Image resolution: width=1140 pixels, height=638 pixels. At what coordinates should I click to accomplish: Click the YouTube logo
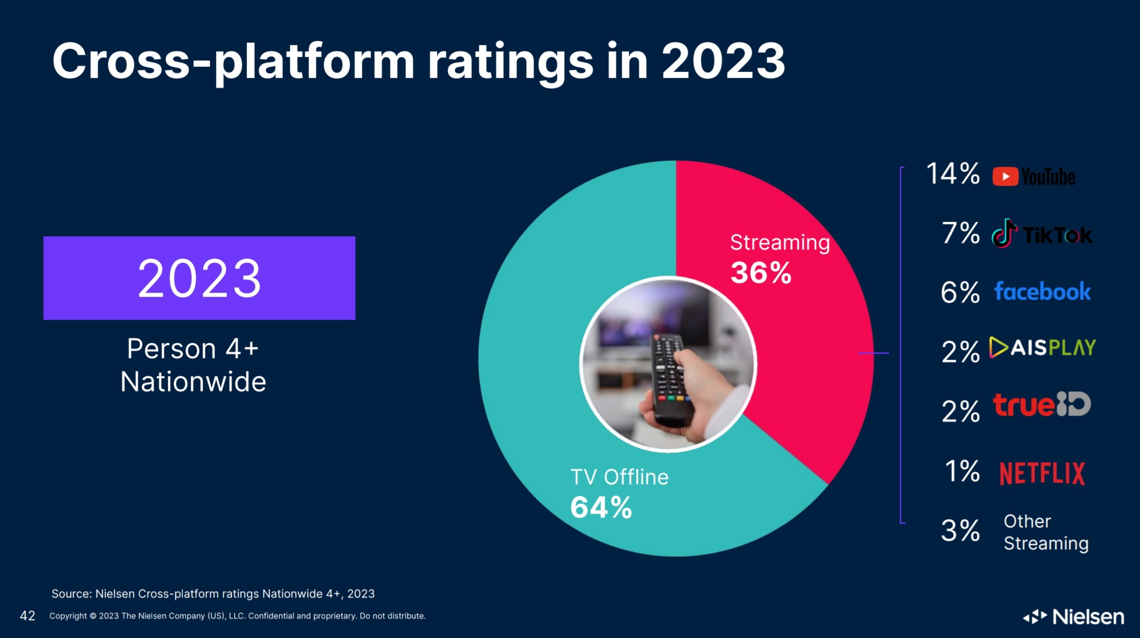point(1033,177)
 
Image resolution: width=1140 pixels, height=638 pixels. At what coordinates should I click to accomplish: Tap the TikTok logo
point(1042,235)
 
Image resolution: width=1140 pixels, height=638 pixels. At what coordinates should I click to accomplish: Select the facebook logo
point(1042,292)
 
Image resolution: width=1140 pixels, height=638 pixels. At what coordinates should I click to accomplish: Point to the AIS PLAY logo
point(1042,348)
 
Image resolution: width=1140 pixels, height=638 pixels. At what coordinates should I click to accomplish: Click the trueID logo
point(1042,405)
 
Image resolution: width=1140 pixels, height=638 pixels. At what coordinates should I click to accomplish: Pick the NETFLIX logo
point(1042,473)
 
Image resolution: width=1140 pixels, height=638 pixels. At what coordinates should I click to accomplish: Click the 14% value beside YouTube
point(953,174)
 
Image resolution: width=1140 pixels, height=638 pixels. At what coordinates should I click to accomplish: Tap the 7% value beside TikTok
point(960,233)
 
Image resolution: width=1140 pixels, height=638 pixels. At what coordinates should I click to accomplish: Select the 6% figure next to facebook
point(960,293)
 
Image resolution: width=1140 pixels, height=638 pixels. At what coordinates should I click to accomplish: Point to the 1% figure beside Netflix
point(962,471)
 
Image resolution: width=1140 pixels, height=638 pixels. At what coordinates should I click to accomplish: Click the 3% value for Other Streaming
point(960,530)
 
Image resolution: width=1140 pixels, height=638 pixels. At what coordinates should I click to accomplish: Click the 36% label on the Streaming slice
point(761,273)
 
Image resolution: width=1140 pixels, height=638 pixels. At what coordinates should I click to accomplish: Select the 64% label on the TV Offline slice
point(601,507)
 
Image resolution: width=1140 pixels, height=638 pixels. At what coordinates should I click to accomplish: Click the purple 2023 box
point(199,278)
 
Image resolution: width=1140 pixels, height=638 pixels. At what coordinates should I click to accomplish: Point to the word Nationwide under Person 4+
point(194,382)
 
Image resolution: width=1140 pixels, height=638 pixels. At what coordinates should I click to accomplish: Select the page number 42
point(28,615)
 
